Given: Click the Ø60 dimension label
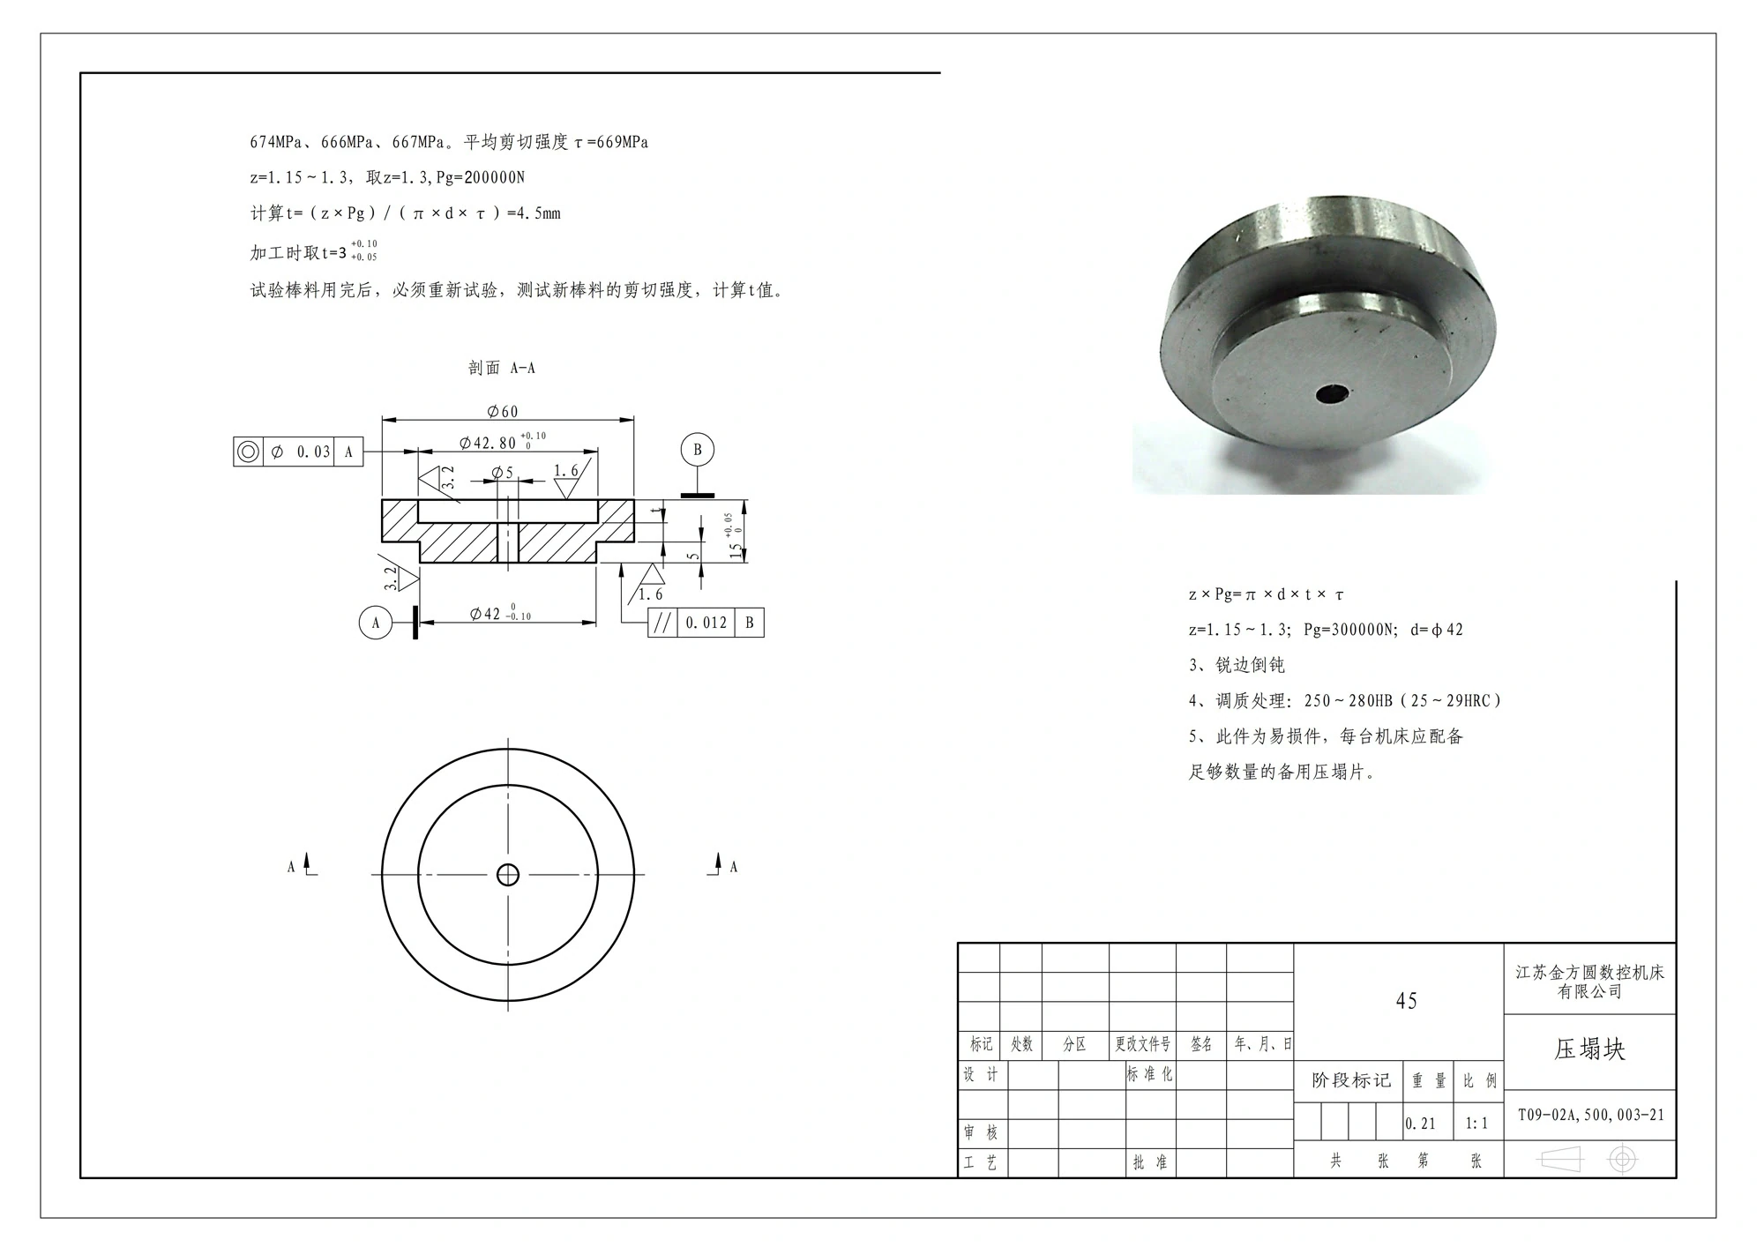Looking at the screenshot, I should tap(503, 411).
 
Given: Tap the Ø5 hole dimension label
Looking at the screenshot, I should tap(503, 473).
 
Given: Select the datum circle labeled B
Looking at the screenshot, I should tap(697, 450).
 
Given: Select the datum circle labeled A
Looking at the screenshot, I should tap(376, 623).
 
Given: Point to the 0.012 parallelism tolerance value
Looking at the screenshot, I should tap(706, 623).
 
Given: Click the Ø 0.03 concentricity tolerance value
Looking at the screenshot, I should tap(300, 452).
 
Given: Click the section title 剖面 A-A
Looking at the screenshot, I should tap(501, 368).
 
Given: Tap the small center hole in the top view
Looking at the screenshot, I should tap(508, 875).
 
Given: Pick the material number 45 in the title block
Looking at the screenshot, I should tap(1407, 1001).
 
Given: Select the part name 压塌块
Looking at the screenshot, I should tap(1589, 1049).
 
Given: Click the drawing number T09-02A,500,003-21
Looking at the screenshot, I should tap(1590, 1115).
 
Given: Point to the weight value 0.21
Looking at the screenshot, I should tap(1421, 1124).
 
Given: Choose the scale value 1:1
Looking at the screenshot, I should tap(1476, 1124).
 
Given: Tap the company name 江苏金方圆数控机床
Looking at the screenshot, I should tap(1589, 973).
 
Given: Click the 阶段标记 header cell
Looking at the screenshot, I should tap(1350, 1080).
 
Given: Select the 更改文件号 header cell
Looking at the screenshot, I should tap(1142, 1044).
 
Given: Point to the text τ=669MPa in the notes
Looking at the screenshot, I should tap(611, 142).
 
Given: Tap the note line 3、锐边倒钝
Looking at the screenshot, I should tap(1237, 665).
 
